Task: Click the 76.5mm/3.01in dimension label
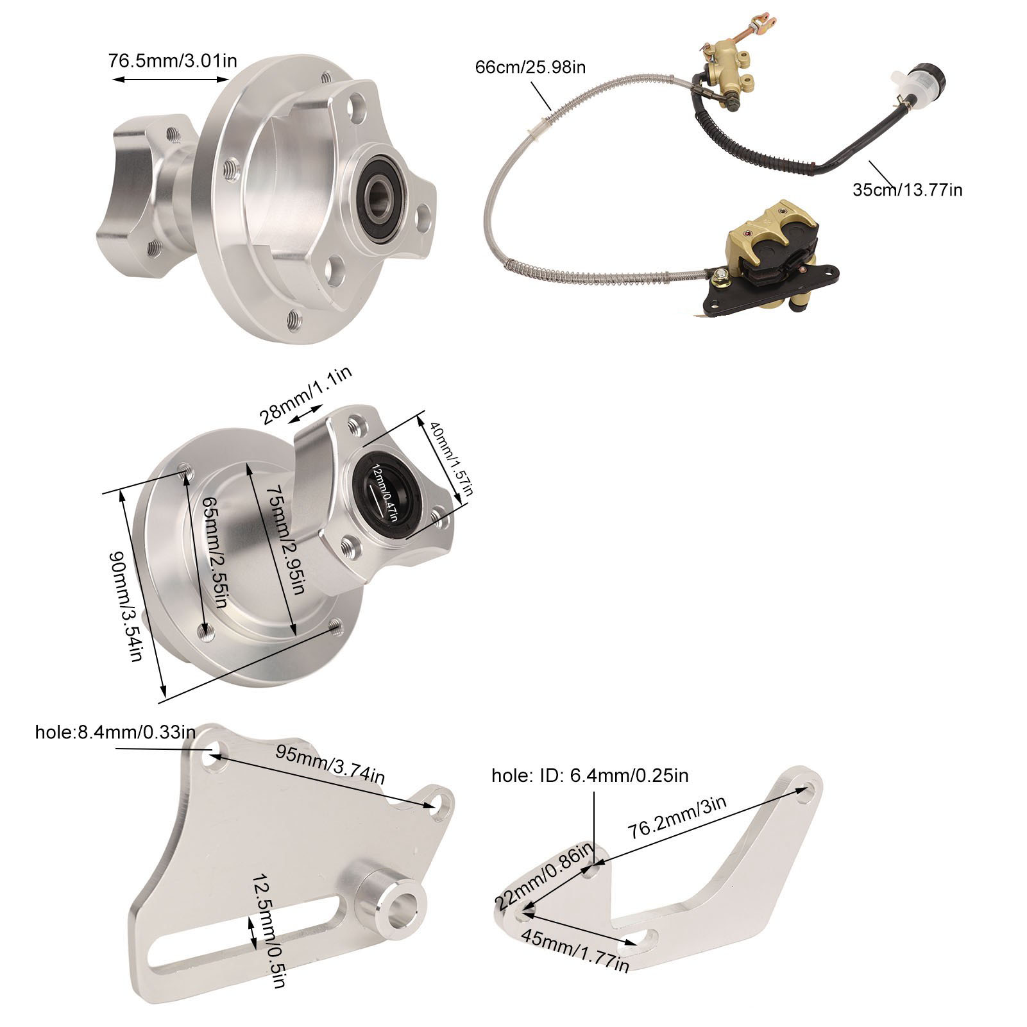[x=173, y=61]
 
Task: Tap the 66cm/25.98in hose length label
[x=530, y=67]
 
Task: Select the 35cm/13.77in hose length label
[x=907, y=190]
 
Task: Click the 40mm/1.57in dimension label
[x=450, y=458]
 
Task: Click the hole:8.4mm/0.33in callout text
[x=115, y=732]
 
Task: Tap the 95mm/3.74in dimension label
[x=331, y=764]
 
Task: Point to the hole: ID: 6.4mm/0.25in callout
[x=590, y=776]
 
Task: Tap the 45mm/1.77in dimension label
[x=575, y=949]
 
